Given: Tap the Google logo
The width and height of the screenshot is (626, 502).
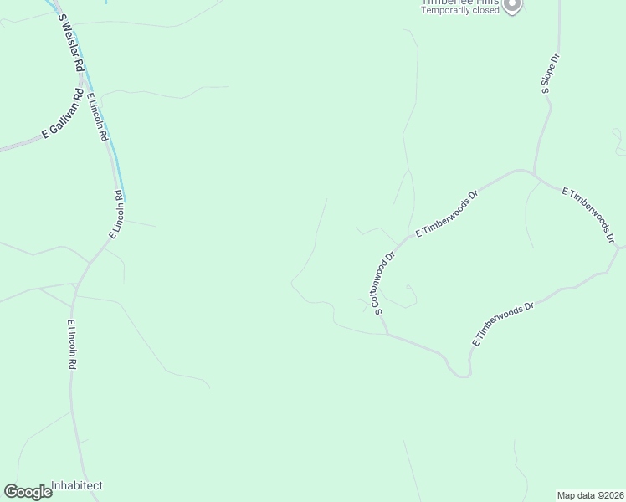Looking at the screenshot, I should click(x=28, y=492).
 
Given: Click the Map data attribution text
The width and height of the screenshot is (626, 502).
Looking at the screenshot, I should click(x=591, y=494).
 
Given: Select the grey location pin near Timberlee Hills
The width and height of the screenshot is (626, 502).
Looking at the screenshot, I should click(x=514, y=6).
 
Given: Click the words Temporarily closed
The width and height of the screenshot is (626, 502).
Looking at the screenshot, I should click(x=460, y=11).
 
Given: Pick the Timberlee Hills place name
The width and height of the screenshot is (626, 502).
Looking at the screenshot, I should click(x=460, y=3).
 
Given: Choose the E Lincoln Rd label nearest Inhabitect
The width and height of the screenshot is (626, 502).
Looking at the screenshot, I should click(x=73, y=345).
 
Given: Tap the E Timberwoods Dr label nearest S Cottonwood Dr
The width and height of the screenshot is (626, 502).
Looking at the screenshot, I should click(x=446, y=216).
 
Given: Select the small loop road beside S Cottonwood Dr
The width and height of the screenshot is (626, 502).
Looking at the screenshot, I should click(x=408, y=294).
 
